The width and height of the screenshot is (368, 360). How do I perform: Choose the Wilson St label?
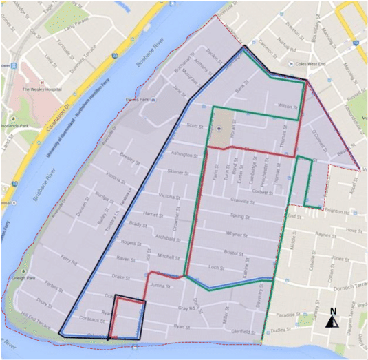285,106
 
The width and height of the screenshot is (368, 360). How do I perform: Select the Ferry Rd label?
67,259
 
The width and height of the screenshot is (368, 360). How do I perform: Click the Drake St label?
120,277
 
